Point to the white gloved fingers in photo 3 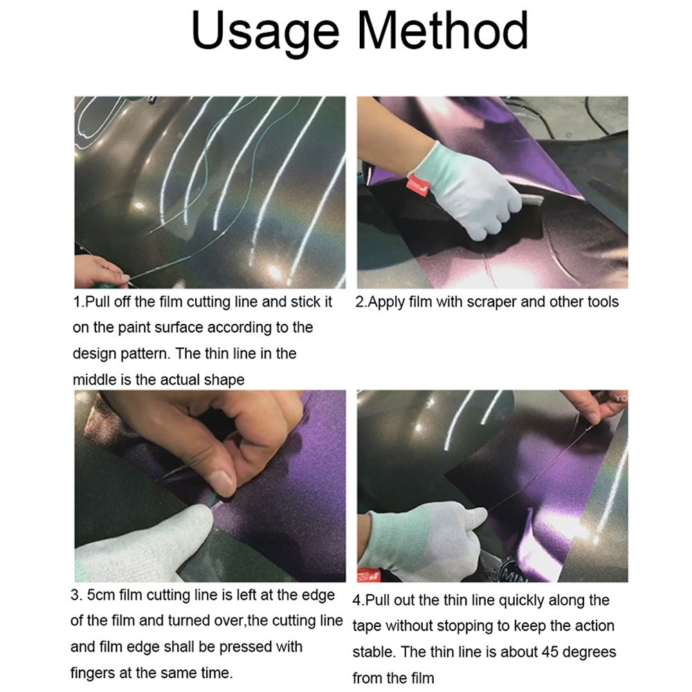[138, 547]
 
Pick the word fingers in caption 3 [94, 673]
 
